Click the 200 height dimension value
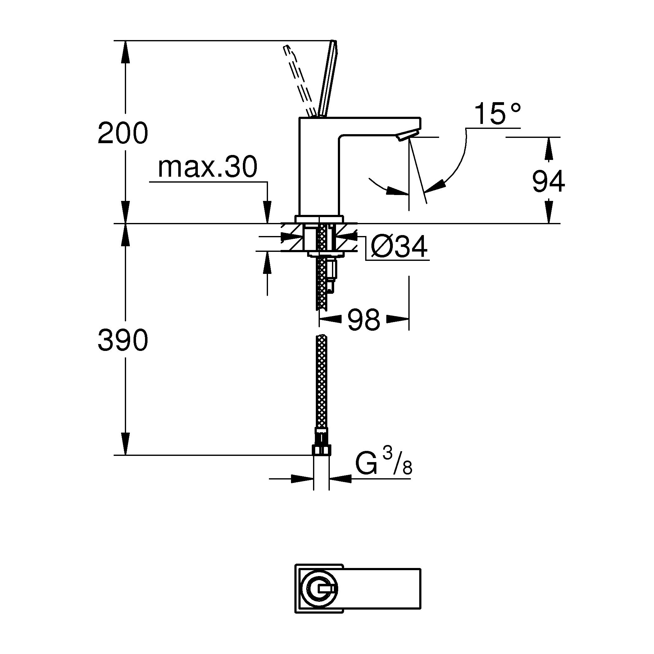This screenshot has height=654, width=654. pyautogui.click(x=123, y=133)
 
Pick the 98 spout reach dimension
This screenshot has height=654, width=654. pyautogui.click(x=364, y=320)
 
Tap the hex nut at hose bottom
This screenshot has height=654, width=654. pyautogui.click(x=321, y=450)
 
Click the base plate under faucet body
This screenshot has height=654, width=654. pyautogui.click(x=320, y=219)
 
